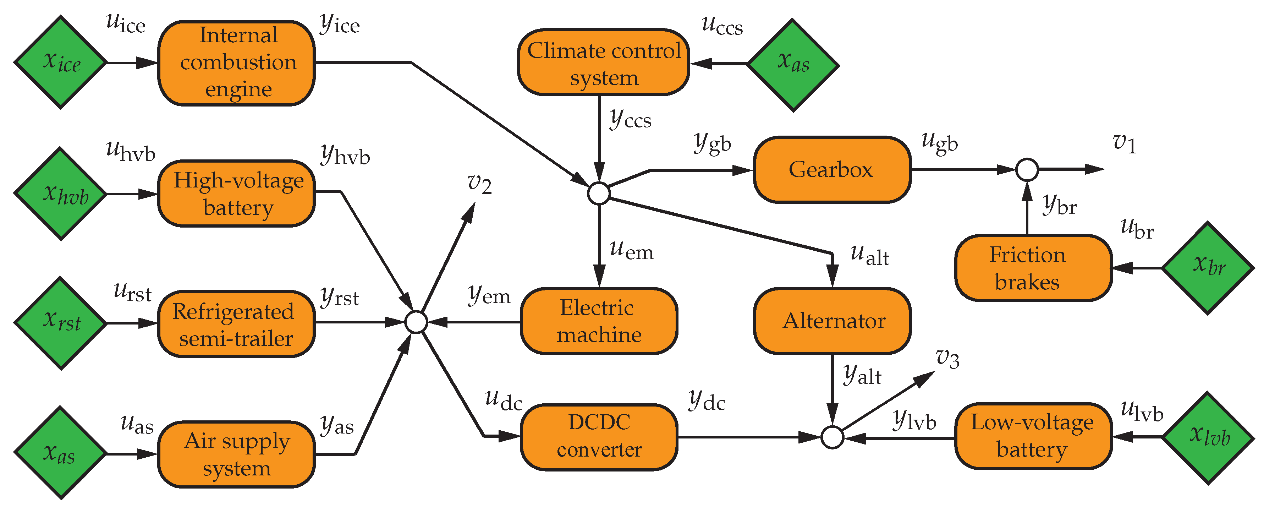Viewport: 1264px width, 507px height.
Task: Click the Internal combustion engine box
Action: pyautogui.click(x=236, y=63)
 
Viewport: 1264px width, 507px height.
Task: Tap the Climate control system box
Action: pyautogui.click(x=604, y=63)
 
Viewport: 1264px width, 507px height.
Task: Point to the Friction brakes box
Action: pyautogui.click(x=1033, y=268)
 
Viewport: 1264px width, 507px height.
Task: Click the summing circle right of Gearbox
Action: pyautogui.click(x=1027, y=170)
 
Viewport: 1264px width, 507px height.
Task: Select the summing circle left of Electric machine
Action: pyautogui.click(x=417, y=322)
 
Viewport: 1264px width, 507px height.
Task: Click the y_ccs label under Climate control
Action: pyautogui.click(x=630, y=119)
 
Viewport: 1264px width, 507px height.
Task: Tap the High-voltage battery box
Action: pyautogui.click(x=236, y=193)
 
